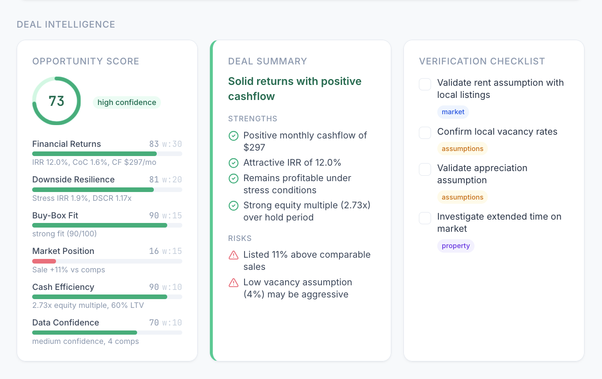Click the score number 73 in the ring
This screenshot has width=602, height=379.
click(x=56, y=101)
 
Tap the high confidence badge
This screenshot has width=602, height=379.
click(x=127, y=102)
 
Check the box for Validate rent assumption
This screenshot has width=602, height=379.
click(x=425, y=84)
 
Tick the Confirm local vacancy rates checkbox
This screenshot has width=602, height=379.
click(x=425, y=133)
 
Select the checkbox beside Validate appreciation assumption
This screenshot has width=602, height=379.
click(x=425, y=169)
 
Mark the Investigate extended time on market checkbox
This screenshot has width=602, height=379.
click(x=425, y=218)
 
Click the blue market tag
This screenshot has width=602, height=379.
click(x=453, y=112)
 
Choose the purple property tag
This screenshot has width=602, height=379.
click(x=455, y=246)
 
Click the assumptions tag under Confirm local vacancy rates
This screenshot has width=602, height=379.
click(x=462, y=149)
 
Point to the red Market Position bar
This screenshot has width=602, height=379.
click(x=44, y=261)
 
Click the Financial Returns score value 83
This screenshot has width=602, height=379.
click(x=154, y=144)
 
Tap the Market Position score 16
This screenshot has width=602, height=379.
click(x=154, y=251)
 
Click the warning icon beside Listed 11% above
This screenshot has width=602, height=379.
click(x=234, y=255)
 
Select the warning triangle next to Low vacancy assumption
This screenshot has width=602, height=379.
click(x=234, y=283)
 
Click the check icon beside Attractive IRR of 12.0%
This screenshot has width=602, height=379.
click(x=234, y=163)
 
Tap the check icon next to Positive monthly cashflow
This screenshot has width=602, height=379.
click(x=234, y=136)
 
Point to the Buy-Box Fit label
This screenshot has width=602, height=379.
click(x=55, y=215)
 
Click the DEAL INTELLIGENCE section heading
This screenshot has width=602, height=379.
click(x=66, y=24)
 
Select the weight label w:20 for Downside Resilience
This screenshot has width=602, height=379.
click(x=172, y=179)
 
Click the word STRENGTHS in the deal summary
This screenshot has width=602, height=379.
click(x=253, y=119)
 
